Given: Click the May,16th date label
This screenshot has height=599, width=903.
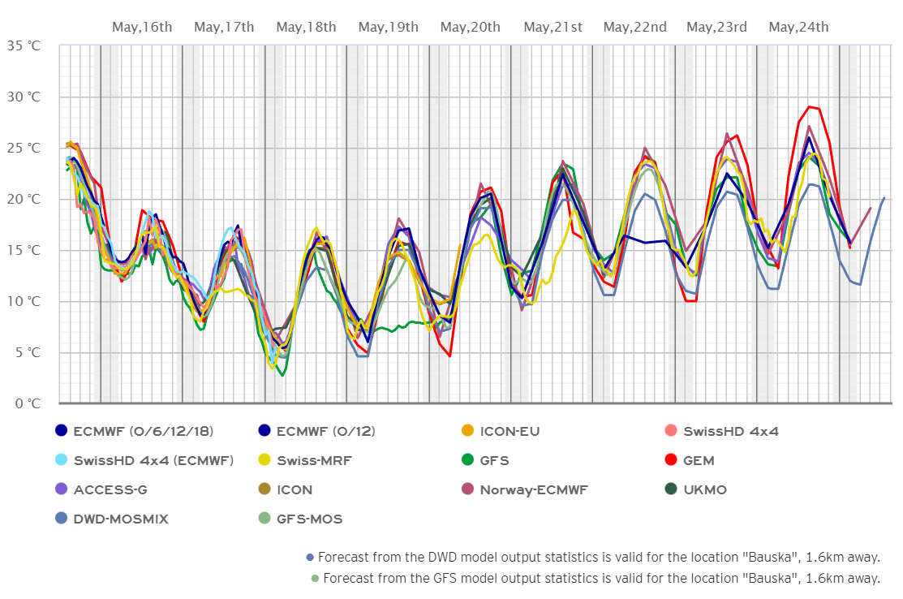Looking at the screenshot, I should click(x=142, y=27).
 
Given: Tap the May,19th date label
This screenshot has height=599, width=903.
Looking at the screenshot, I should click(x=389, y=27).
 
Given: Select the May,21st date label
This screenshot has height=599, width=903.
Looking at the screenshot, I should click(x=553, y=27).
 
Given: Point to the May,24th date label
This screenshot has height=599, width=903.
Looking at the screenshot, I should click(x=798, y=27).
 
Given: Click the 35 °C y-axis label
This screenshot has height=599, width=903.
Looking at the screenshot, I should click(x=22, y=45).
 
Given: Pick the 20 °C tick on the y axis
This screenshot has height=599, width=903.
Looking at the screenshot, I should click(x=22, y=199).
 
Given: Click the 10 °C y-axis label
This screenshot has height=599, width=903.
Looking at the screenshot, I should click(x=22, y=301).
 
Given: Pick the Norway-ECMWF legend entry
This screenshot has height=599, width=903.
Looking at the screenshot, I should click(x=533, y=489).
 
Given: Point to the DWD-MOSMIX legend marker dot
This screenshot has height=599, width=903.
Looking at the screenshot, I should click(x=60, y=519).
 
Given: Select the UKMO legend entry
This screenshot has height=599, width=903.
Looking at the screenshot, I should click(x=704, y=489).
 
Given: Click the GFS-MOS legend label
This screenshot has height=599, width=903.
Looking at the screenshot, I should click(x=310, y=519).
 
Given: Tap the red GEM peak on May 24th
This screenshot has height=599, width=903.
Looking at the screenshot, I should click(x=809, y=106).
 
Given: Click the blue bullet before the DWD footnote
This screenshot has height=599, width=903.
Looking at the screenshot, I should click(x=309, y=557).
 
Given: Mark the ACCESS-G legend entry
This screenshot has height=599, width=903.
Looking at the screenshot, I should click(x=110, y=489).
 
